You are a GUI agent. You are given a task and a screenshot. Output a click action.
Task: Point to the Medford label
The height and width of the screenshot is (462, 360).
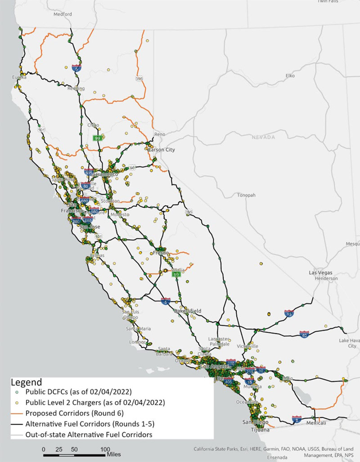pyautogui.click(x=63, y=14)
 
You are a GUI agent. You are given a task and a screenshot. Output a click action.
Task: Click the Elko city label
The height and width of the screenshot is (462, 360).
pyautogui.click(x=286, y=77)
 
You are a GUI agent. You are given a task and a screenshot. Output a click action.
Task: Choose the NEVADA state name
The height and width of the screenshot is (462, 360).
pyautogui.click(x=265, y=137)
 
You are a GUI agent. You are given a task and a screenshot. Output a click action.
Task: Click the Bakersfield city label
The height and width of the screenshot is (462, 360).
pyautogui.click(x=187, y=311)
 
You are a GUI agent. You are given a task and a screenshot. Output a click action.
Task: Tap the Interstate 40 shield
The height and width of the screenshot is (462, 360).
pyautogui.click(x=304, y=334)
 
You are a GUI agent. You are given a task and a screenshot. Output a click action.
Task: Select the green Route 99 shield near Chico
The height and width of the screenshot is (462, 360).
pyautogui.click(x=97, y=138)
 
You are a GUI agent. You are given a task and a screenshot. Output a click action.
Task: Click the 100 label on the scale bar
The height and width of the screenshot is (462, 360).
pyautogui.click(x=105, y=449)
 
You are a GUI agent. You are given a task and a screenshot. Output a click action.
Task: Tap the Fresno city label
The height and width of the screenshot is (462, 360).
pyautogui.click(x=161, y=253)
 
